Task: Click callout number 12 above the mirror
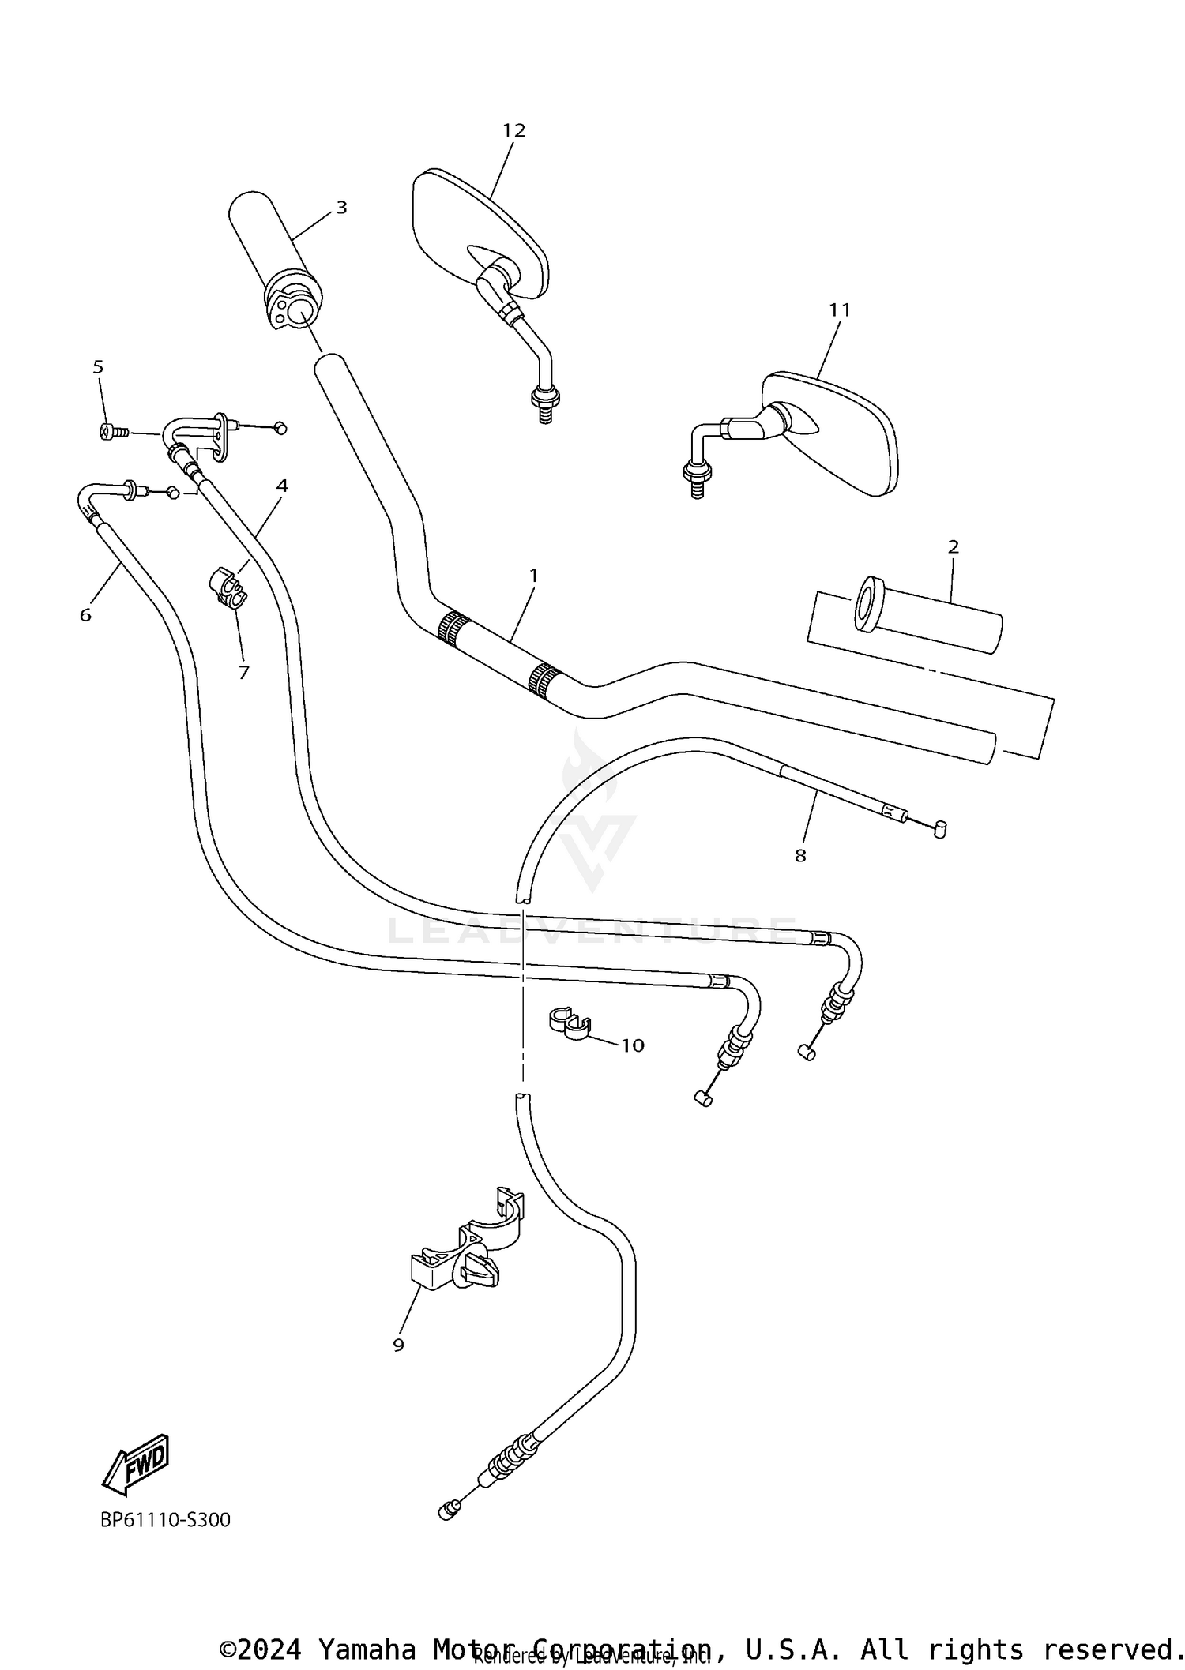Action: pyautogui.click(x=513, y=130)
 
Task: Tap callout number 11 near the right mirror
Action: pyautogui.click(x=840, y=310)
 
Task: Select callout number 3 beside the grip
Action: pyautogui.click(x=341, y=208)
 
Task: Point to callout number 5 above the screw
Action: pyautogui.click(x=98, y=367)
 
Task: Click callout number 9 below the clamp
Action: pyautogui.click(x=398, y=1345)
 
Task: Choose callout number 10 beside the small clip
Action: pyautogui.click(x=633, y=1045)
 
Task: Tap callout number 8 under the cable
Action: pyautogui.click(x=800, y=855)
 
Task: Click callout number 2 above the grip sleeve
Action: pyautogui.click(x=953, y=546)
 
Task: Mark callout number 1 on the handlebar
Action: pyautogui.click(x=533, y=576)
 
